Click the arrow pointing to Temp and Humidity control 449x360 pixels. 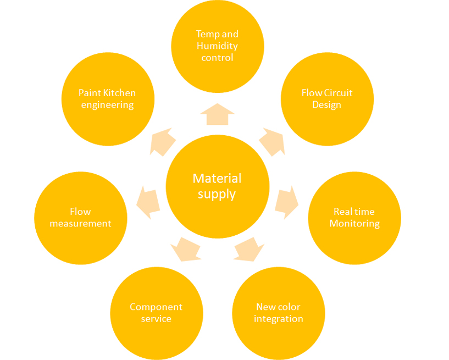[217, 114]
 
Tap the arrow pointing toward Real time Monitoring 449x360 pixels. [287, 202]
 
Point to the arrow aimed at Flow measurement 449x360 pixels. [148, 202]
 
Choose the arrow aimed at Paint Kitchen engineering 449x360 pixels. [163, 142]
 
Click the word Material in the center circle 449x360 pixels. [217, 179]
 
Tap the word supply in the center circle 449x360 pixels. [217, 195]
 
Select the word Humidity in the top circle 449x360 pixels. [217, 46]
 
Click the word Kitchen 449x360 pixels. [119, 93]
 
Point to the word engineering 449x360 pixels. [107, 105]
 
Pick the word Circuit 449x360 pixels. [339, 93]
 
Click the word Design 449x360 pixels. [327, 104]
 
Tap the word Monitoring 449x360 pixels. [354, 224]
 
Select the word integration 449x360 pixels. [279, 319]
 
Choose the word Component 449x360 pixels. [156, 307]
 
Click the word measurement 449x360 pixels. [80, 223]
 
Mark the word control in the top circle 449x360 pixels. [217, 58]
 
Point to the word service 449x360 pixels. [156, 319]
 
